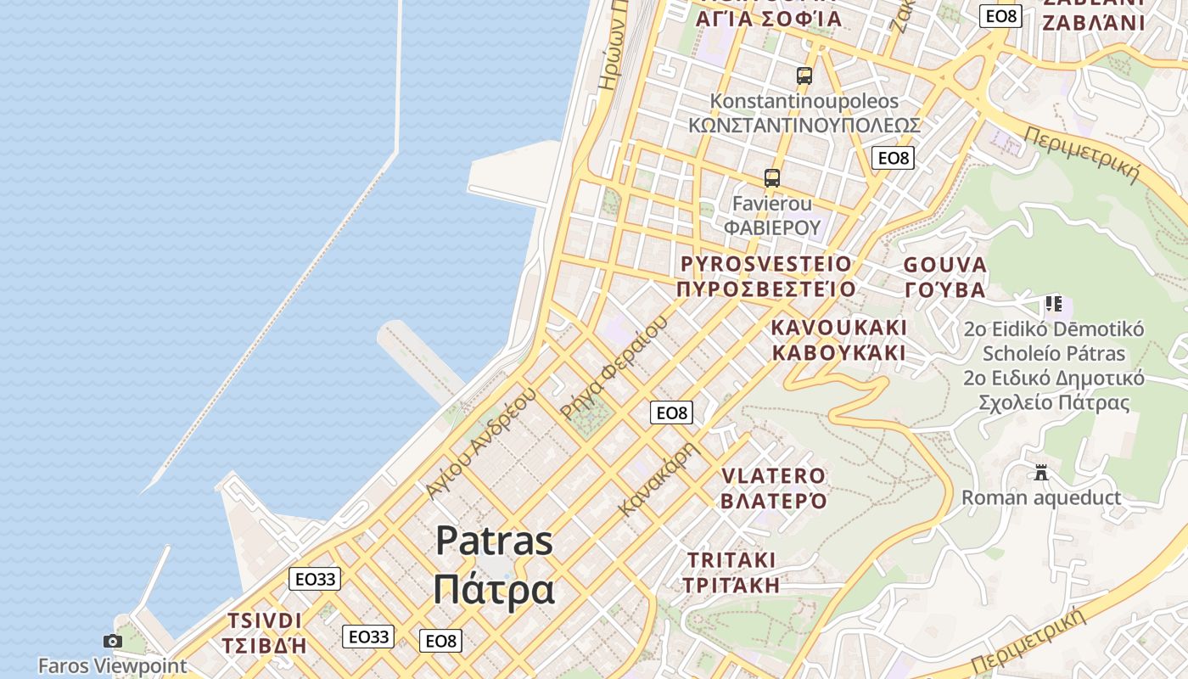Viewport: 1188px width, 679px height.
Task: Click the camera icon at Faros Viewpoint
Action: click(x=112, y=641)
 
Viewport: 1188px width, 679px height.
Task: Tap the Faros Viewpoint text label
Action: click(x=112, y=665)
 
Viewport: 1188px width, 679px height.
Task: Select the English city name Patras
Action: click(x=494, y=541)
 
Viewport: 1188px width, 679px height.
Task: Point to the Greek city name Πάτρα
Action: click(x=494, y=589)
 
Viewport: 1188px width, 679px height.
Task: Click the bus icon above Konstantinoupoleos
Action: click(x=804, y=76)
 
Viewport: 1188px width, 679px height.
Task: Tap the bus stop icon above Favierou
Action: click(x=771, y=178)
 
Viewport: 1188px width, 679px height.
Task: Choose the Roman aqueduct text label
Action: click(x=1041, y=497)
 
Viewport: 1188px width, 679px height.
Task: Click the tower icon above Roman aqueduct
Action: click(x=1041, y=473)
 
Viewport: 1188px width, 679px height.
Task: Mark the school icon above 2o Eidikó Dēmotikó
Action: click(x=1054, y=303)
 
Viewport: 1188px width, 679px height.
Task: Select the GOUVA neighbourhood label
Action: click(x=945, y=265)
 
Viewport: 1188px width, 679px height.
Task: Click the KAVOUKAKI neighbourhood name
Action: click(x=839, y=328)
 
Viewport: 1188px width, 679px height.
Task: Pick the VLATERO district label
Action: click(x=773, y=476)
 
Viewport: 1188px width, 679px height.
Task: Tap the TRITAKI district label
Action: click(x=731, y=560)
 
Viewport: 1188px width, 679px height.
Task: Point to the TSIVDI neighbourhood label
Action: click(x=264, y=620)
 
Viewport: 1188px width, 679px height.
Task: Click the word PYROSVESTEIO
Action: click(x=765, y=264)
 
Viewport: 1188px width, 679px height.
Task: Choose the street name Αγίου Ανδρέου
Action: click(x=482, y=442)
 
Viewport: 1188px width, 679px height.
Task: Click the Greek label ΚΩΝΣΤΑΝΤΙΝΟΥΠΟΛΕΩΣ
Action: click(x=804, y=126)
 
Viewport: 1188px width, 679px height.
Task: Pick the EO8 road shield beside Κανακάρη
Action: click(x=671, y=413)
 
